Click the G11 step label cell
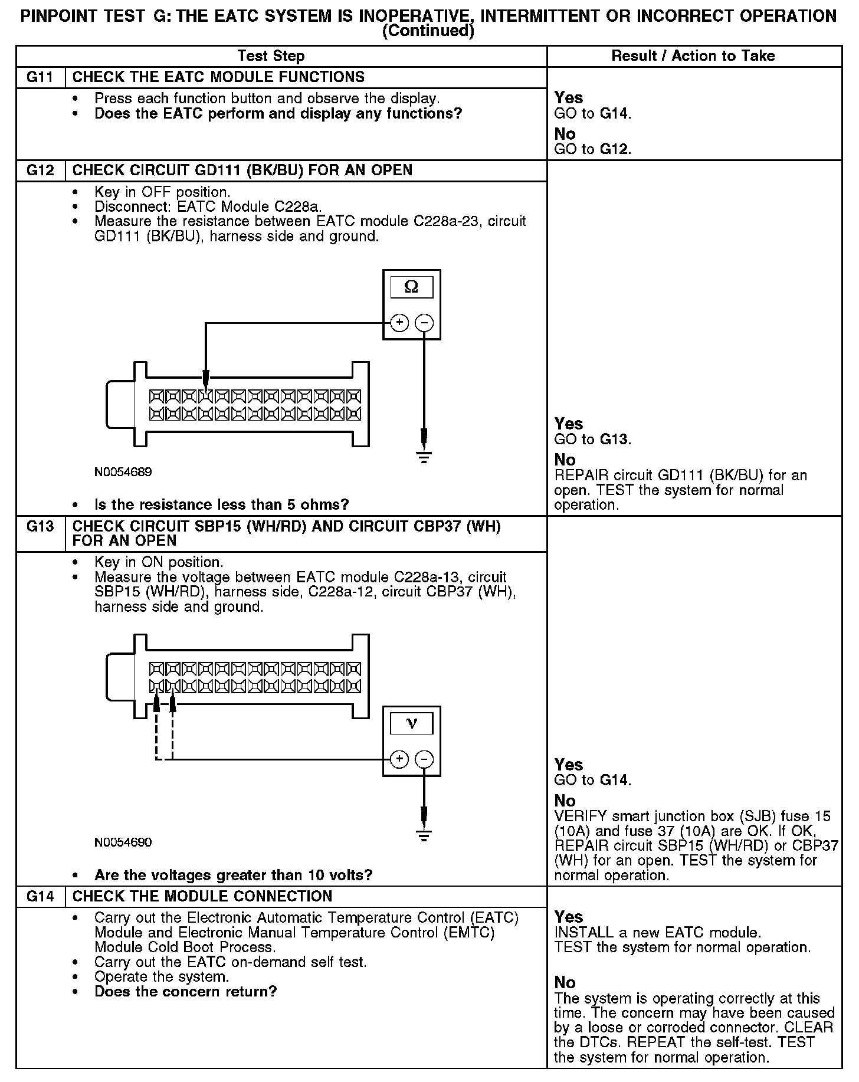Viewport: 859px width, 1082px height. pos(40,77)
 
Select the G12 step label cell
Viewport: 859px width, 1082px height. pos(40,171)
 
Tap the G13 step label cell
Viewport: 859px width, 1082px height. pos(40,527)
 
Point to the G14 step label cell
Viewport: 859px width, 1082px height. pos(40,897)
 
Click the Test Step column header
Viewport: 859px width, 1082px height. pos(271,57)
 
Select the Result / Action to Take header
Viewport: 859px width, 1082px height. pos(693,57)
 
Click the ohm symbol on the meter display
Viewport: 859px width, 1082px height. pos(412,287)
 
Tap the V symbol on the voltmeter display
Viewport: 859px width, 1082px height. pos(412,723)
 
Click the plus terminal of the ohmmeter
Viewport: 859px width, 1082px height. pos(399,323)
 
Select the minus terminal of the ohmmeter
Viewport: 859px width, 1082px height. pos(424,323)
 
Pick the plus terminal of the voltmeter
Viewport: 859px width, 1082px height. pos(399,759)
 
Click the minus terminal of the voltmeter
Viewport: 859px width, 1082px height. pos(424,759)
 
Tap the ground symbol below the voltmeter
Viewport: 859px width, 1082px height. pos(424,834)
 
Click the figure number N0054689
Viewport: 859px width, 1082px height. pos(123,472)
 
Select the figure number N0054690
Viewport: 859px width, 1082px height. pos(123,842)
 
